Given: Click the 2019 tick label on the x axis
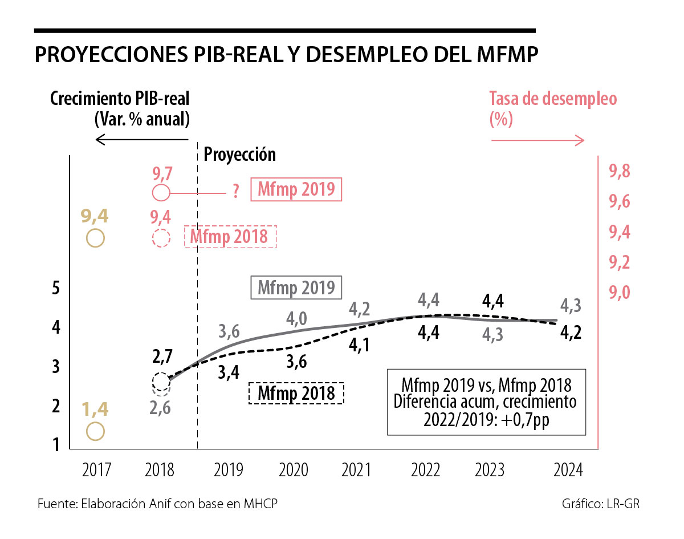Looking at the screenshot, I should pyautogui.click(x=229, y=470).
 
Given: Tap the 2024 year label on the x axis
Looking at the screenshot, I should pyautogui.click(x=568, y=470).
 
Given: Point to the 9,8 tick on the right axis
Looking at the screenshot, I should pyautogui.click(x=619, y=171).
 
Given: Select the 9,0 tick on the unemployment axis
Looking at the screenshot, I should pyautogui.click(x=619, y=292).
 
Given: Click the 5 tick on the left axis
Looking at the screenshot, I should pyautogui.click(x=56, y=287).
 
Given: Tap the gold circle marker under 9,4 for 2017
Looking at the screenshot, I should pyautogui.click(x=95, y=237).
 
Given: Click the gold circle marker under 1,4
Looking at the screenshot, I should pyautogui.click(x=95, y=431).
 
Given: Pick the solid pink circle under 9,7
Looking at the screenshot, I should pyautogui.click(x=161, y=193).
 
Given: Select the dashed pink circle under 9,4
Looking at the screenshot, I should pyautogui.click(x=161, y=237).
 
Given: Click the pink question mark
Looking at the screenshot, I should pyautogui.click(x=235, y=193).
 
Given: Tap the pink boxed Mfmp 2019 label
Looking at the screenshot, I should pyautogui.click(x=296, y=189).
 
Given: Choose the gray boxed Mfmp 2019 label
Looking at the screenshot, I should pyautogui.click(x=296, y=287).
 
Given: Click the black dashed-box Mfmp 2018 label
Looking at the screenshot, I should pyautogui.click(x=296, y=393).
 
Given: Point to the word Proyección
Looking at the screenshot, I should pyautogui.click(x=239, y=154).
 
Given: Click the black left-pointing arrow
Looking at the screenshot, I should pyautogui.click(x=141, y=139).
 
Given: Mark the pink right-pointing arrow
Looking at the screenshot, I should pyautogui.click(x=537, y=140).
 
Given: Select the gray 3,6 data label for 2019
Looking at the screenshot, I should pyautogui.click(x=229, y=331).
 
